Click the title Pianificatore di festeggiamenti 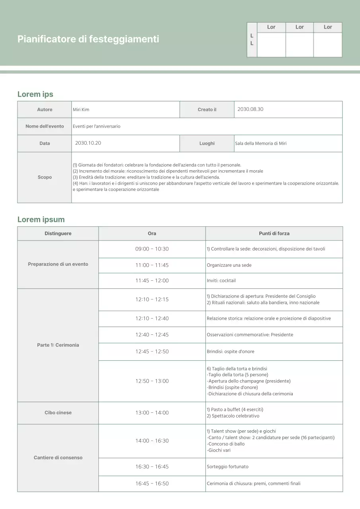(x=88, y=39)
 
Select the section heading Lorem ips (x=35, y=94)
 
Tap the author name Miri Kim (x=81, y=110)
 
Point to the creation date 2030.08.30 (x=250, y=109)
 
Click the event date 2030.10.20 (x=88, y=143)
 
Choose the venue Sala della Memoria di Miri (x=261, y=144)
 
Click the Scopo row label (x=45, y=177)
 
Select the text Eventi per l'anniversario (x=96, y=126)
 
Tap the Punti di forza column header (x=274, y=233)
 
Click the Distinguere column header (x=58, y=233)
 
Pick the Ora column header (x=152, y=233)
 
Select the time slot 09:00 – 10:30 (x=152, y=249)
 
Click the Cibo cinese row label (x=58, y=413)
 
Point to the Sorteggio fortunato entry (x=228, y=467)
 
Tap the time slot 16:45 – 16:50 (x=152, y=484)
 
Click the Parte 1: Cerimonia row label (x=58, y=345)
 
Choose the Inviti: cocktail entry (x=221, y=281)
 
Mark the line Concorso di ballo (x=226, y=444)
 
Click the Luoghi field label (x=207, y=143)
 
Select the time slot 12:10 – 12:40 (x=152, y=319)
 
